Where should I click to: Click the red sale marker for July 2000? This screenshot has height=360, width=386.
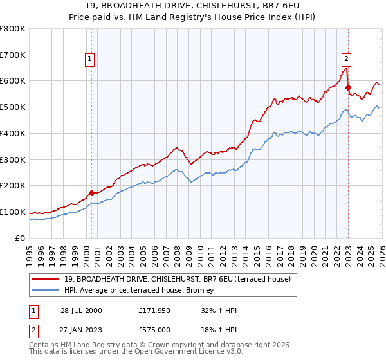[92, 192]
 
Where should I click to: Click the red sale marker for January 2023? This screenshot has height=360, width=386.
[348, 87]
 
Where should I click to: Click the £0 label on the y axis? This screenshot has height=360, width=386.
[19, 238]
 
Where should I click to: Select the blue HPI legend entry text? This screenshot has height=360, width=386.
[143, 291]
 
